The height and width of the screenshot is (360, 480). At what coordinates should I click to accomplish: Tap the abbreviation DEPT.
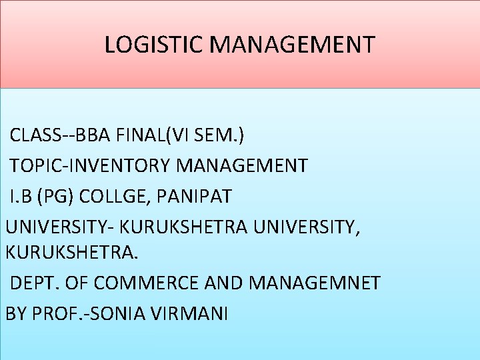[x=33, y=283]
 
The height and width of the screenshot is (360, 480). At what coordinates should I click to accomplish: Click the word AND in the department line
[x=223, y=283]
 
